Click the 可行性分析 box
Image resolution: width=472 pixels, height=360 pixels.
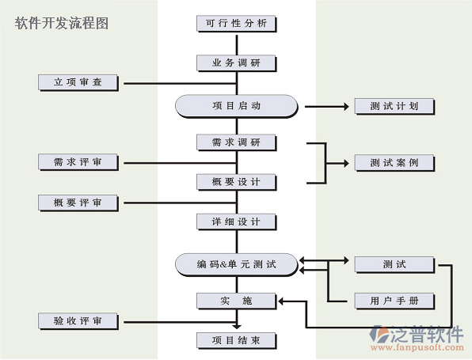pyautogui.click(x=236, y=24)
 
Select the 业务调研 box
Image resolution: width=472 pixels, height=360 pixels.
pyautogui.click(x=236, y=63)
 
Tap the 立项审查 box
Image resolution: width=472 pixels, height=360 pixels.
pyautogui.click(x=78, y=82)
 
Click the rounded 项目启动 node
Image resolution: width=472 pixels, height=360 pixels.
pyautogui.click(x=237, y=106)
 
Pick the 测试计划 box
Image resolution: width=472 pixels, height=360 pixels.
pyautogui.click(x=394, y=106)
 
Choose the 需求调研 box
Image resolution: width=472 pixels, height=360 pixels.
pyautogui.click(x=236, y=142)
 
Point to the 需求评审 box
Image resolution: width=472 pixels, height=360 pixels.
pyautogui.click(x=78, y=162)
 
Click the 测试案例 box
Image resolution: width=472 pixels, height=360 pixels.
pyautogui.click(x=394, y=163)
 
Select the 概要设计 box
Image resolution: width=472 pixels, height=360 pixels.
pyautogui.click(x=236, y=182)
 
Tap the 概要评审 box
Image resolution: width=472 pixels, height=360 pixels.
pyautogui.click(x=78, y=203)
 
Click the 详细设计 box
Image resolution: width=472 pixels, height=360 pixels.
pyautogui.click(x=236, y=222)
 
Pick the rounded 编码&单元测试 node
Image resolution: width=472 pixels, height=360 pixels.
pyautogui.click(x=237, y=265)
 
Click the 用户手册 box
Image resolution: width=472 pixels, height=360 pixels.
pyautogui.click(x=394, y=301)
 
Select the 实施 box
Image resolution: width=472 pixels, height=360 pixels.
pyautogui.click(x=236, y=301)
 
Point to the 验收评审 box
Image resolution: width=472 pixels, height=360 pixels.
pyautogui.click(x=78, y=321)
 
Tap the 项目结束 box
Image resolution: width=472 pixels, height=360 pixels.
pyautogui.click(x=236, y=340)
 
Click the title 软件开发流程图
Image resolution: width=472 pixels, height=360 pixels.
pyautogui.click(x=62, y=23)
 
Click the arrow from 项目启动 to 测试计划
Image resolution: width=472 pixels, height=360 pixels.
pyautogui.click(x=327, y=106)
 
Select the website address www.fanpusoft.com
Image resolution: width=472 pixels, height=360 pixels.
pyautogui.click(x=417, y=348)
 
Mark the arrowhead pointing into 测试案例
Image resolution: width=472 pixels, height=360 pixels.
pyautogui.click(x=346, y=163)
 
